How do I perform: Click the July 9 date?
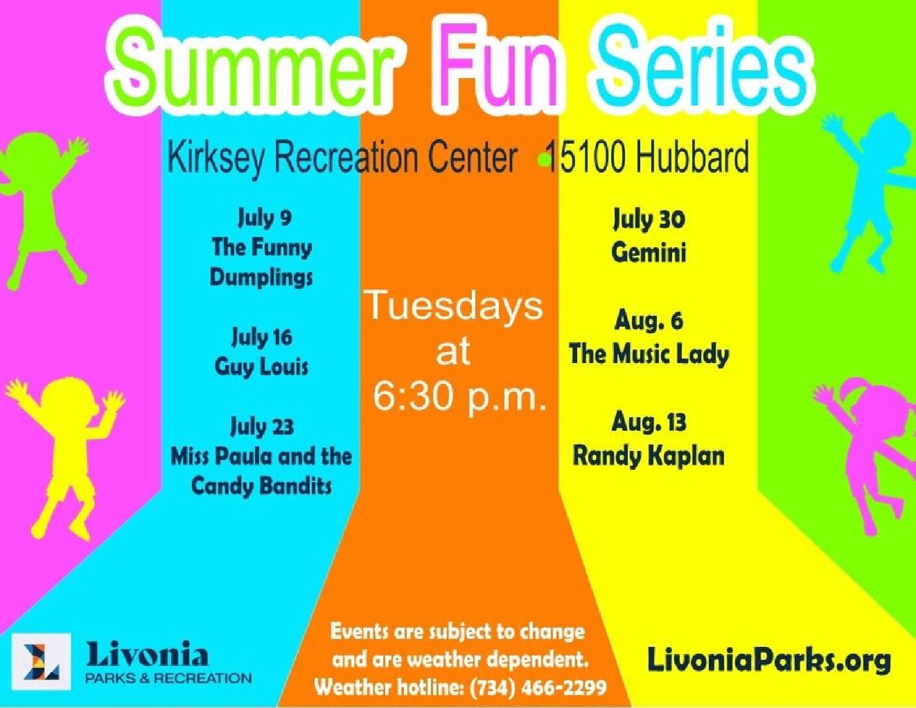point(264,218)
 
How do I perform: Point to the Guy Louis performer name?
point(262,367)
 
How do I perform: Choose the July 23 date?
point(262,428)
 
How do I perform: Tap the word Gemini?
point(649,252)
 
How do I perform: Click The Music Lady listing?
point(649,354)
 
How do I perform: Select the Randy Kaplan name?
point(649,457)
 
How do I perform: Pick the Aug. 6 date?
point(649,322)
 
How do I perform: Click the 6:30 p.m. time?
point(459,398)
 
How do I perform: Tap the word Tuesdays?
point(455,307)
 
